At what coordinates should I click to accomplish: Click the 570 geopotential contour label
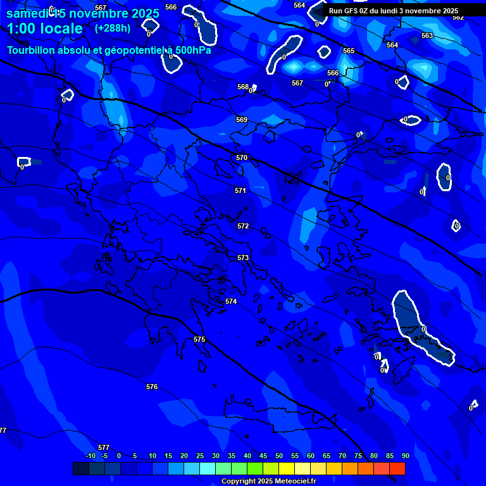tap(241, 158)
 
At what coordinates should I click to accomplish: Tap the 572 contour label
tap(243, 226)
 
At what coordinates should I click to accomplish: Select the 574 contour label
tap(231, 302)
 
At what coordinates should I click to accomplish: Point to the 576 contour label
tap(152, 387)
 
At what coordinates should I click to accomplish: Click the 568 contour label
tap(243, 87)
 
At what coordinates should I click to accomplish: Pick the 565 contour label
tap(349, 51)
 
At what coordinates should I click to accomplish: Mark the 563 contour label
tap(427, 36)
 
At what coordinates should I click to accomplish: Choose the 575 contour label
tap(199, 340)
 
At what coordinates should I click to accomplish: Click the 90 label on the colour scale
tap(405, 456)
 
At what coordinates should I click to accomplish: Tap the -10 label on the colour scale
tap(90, 456)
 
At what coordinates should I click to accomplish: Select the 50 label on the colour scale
tap(278, 456)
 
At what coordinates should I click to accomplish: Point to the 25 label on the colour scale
tap(199, 456)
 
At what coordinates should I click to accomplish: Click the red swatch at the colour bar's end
tap(397, 468)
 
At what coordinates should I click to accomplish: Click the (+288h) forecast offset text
tap(113, 28)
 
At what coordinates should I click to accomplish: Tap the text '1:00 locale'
tap(44, 28)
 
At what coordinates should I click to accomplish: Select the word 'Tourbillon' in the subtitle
tap(32, 50)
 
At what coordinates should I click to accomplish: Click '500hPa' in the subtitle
tap(192, 50)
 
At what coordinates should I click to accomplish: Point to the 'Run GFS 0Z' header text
tap(352, 11)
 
